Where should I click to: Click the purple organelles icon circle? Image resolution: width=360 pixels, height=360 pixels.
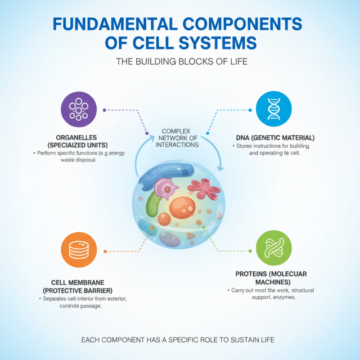click(79, 110)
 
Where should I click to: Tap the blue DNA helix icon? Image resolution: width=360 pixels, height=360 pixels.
click(274, 110)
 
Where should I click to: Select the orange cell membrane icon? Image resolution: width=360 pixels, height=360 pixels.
click(79, 251)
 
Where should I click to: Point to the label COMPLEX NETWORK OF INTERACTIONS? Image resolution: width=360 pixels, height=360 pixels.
click(177, 138)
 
